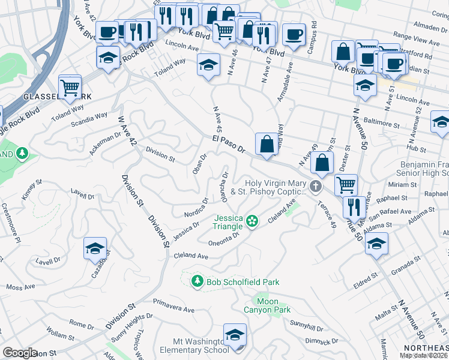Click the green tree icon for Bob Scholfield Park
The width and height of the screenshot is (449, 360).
[x=197, y=281]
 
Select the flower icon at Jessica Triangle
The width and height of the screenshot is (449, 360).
[x=253, y=222]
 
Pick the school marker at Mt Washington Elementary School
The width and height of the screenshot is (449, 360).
[x=235, y=336]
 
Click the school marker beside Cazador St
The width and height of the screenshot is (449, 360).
[x=95, y=248]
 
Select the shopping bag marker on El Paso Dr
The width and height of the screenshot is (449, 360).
[x=266, y=145]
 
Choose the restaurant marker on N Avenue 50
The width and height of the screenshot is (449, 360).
[x=354, y=208]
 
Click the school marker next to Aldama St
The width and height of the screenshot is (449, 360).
[x=376, y=244]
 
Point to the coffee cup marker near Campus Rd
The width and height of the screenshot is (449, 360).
[x=294, y=35]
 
